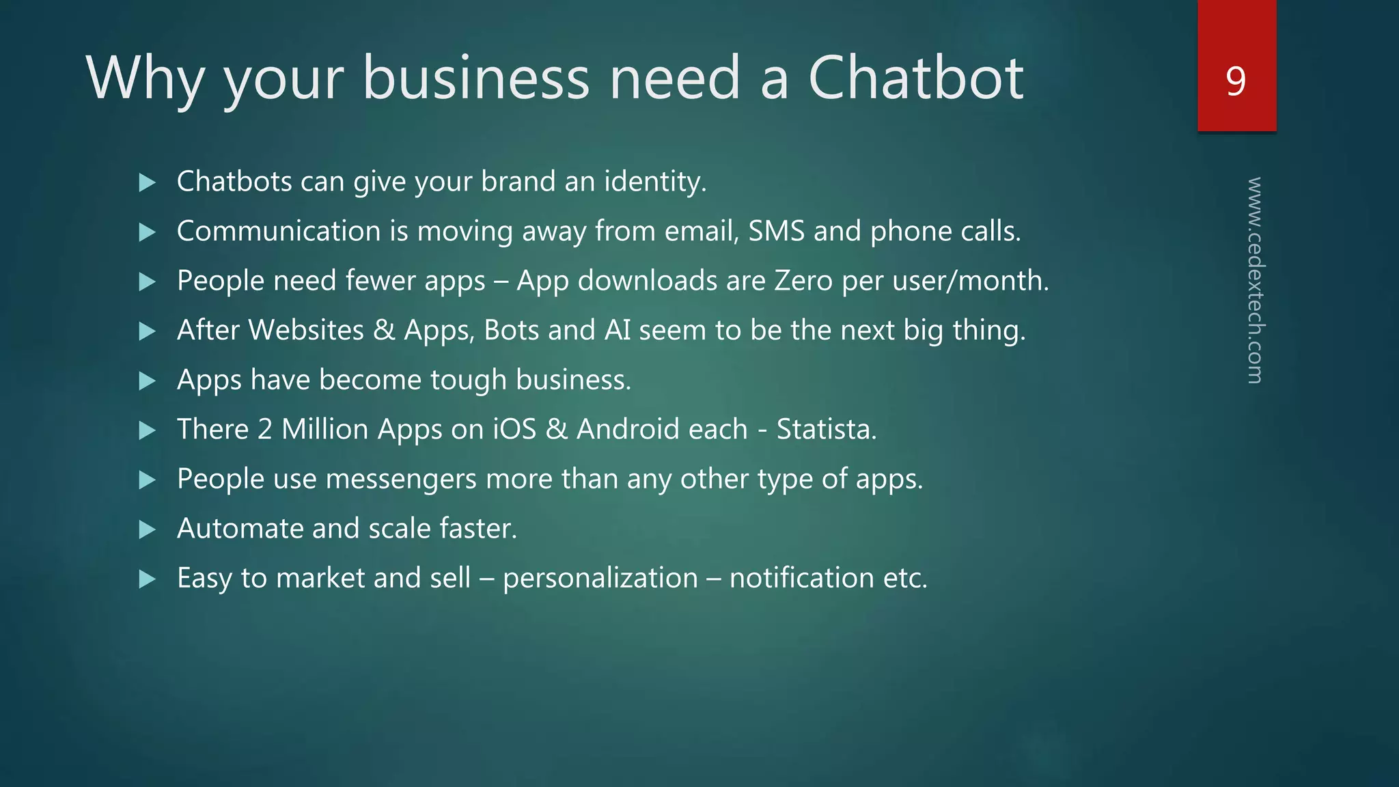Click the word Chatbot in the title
click(x=915, y=78)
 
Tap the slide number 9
click(x=1236, y=81)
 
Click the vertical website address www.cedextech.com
click(x=1255, y=280)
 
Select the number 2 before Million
click(x=265, y=430)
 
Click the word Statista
click(x=826, y=430)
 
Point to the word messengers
click(x=401, y=480)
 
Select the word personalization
click(x=600, y=579)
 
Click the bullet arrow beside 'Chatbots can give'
click(x=147, y=182)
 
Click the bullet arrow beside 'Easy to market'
click(x=147, y=579)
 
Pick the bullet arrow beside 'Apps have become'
click(x=147, y=381)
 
